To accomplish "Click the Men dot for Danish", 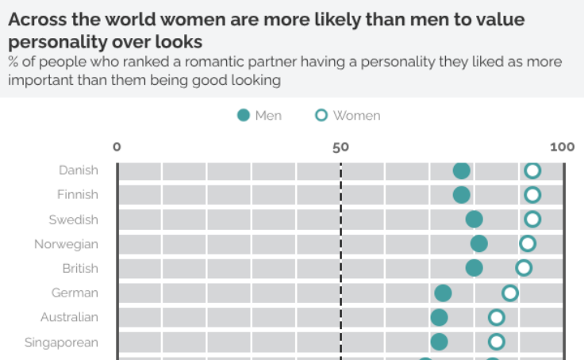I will tap(461, 170).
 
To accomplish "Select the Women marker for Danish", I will tap(532, 170).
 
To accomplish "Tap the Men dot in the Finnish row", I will tap(461, 195).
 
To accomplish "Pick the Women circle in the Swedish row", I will tap(532, 219).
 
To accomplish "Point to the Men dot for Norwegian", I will tap(478, 243).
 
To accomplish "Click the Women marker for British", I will tap(524, 267).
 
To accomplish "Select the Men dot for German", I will tap(443, 293).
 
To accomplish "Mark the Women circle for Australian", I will tap(497, 317).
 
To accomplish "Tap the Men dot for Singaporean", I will tap(439, 342).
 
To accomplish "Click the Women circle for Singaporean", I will tap(497, 342).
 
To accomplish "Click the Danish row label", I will tap(79, 170).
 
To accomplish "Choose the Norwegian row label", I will tap(66, 243).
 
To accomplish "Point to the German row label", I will tap(75, 293).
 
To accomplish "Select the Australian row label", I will tap(70, 317).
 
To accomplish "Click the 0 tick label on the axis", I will tap(117, 147).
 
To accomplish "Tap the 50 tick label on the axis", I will tap(340, 147).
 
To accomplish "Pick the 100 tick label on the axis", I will tap(562, 147).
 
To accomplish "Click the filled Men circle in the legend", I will tap(244, 116).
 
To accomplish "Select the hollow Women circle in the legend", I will tap(321, 116).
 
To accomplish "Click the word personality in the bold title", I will tap(56, 41).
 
